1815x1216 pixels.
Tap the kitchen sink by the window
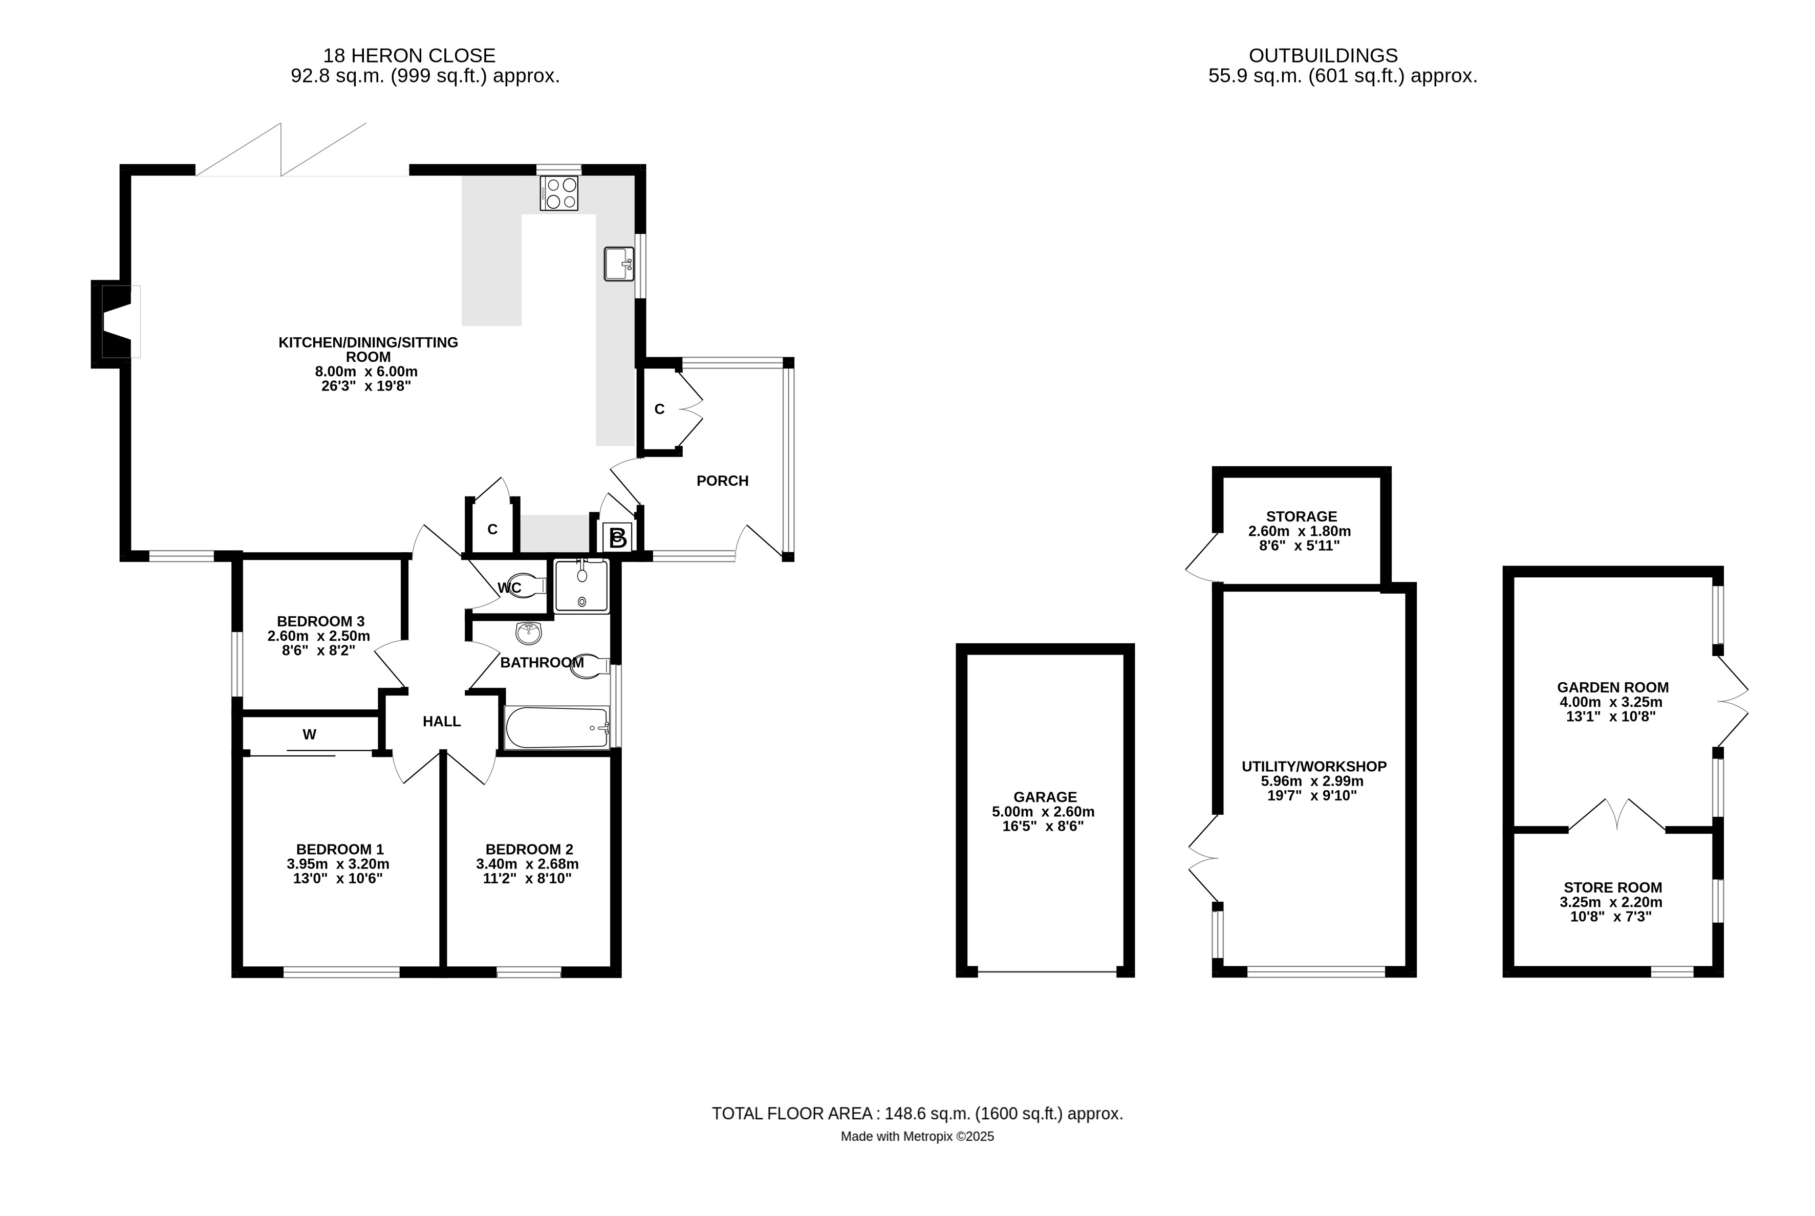[x=618, y=264]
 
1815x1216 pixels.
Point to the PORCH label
[x=722, y=481]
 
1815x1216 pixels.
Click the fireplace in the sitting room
[x=116, y=321]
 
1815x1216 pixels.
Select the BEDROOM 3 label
[x=320, y=621]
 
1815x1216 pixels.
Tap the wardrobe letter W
[x=310, y=734]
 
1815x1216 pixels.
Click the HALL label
[x=441, y=721]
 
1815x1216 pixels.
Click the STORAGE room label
[x=1301, y=516]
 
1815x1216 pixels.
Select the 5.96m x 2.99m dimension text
[x=1313, y=781]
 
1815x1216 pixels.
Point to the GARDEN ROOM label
[x=1612, y=687]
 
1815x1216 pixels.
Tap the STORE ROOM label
[x=1612, y=887]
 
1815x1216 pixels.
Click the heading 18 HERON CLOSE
[x=409, y=56]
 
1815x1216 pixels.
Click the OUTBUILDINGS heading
[x=1323, y=56]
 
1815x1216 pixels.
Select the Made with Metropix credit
[x=917, y=1137]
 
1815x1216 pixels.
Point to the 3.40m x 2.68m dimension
[x=527, y=864]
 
